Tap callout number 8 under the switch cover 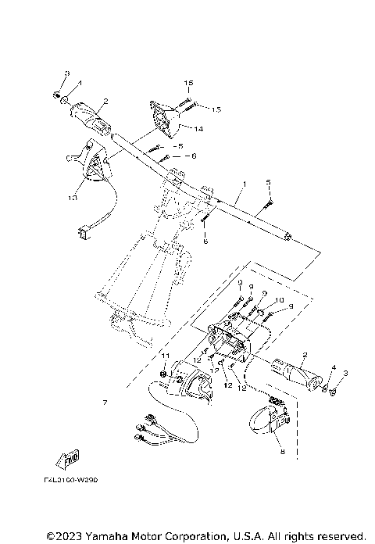(x=282, y=451)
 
